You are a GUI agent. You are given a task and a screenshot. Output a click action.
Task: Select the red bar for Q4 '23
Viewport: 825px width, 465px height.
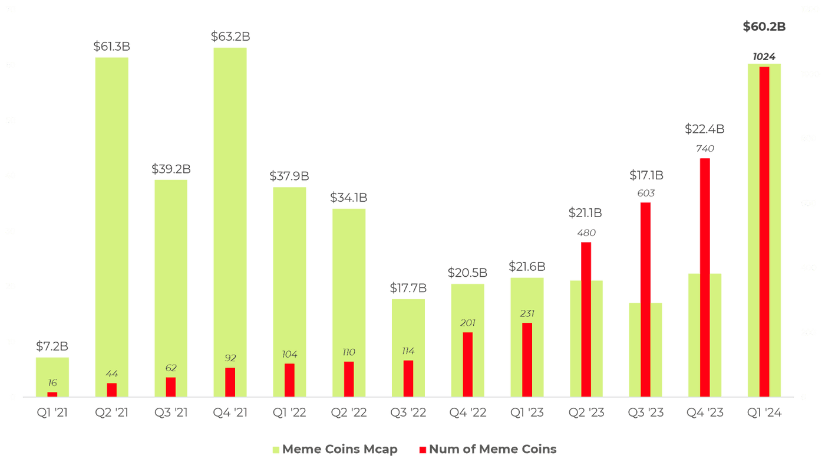pos(705,277)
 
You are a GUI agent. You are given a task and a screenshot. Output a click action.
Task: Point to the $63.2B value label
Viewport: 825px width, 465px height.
pos(230,37)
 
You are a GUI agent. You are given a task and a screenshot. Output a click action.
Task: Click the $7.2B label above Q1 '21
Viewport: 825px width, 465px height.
pos(52,346)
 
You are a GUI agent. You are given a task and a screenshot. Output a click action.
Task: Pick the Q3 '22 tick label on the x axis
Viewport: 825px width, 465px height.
pos(408,413)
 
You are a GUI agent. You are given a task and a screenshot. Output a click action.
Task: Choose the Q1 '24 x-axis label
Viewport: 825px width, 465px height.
pos(764,413)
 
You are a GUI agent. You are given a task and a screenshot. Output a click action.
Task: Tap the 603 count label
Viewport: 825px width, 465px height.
pos(646,193)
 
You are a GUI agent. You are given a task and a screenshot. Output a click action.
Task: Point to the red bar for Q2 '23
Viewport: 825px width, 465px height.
pos(586,319)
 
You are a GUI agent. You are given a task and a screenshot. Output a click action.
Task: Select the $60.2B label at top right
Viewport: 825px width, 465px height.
pos(764,27)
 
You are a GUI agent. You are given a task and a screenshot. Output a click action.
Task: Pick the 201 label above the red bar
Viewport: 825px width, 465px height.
pos(467,323)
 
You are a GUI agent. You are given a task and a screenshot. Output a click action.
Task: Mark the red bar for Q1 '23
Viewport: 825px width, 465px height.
pos(527,359)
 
